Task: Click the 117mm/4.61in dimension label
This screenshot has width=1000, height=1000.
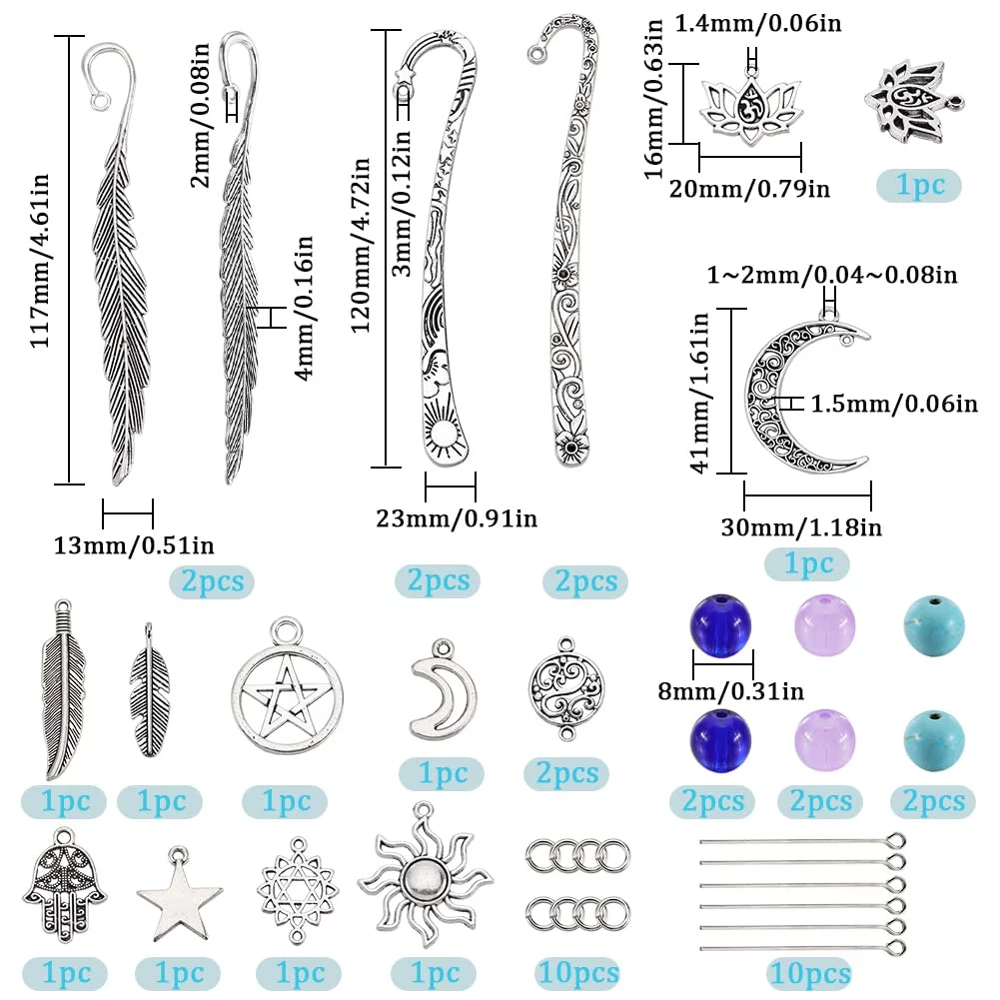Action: pos(40,259)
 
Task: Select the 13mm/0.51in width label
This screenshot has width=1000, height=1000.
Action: pos(134,545)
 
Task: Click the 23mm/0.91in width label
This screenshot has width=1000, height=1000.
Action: pos(457,518)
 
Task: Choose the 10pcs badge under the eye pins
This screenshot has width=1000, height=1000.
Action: pos(810,973)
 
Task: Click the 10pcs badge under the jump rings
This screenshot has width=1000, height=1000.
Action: pos(577,973)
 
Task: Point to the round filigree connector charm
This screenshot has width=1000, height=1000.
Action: pos(566,689)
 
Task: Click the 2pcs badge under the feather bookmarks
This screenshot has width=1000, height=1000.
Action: pos(212,581)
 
